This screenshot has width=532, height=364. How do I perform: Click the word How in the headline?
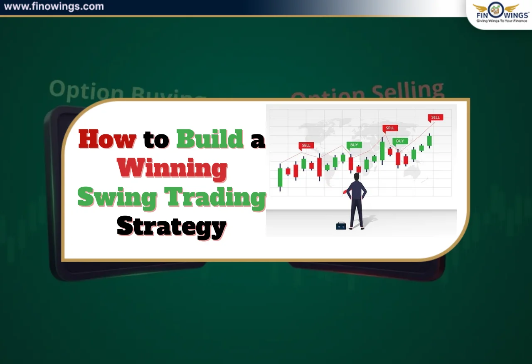107,139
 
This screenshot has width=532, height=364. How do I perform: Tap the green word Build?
209,139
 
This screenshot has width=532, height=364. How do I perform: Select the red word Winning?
172,168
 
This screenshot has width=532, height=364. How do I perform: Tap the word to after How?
156,140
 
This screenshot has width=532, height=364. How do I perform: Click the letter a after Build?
257,141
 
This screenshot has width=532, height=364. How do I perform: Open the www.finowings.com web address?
54,7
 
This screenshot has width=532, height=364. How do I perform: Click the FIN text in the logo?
482,15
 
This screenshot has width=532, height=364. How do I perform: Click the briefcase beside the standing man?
341,225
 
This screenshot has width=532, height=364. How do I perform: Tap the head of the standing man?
357,177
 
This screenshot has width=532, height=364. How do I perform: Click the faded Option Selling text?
367,91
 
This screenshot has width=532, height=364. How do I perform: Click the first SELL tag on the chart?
306,146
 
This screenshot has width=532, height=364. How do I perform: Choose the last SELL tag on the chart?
435,117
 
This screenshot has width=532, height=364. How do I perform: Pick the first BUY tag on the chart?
354,145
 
